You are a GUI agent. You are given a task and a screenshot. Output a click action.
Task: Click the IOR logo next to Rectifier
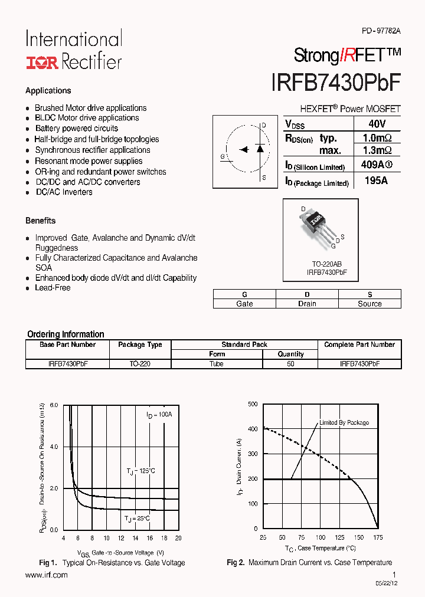42,62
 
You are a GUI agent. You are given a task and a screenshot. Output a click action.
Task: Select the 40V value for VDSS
376,124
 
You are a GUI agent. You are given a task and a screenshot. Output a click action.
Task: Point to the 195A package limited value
376,181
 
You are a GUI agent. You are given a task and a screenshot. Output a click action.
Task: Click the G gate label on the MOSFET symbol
223,156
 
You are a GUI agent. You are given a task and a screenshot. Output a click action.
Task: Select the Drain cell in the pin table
307,304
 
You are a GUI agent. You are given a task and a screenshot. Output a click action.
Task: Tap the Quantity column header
290,354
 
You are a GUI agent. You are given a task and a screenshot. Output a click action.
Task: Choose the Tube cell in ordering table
217,364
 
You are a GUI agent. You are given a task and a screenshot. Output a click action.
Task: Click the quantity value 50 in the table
290,364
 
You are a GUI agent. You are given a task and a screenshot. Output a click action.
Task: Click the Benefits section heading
40,221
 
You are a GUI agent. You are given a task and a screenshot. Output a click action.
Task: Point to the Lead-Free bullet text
53,288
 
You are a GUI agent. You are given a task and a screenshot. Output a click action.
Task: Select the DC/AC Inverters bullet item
64,192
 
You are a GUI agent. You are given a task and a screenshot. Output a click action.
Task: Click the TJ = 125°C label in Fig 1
140,471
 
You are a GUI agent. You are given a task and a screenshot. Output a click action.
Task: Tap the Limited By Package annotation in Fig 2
344,422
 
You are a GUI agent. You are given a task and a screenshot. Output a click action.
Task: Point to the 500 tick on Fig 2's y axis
253,404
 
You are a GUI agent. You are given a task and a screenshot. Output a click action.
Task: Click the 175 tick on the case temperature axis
378,537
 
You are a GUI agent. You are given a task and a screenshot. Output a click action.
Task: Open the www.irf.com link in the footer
47,575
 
